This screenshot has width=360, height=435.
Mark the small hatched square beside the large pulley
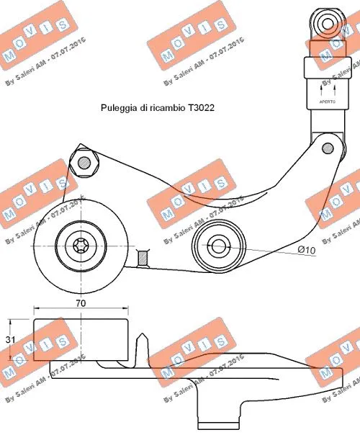(x=142, y=256)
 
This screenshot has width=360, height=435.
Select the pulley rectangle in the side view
(x=81, y=339)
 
